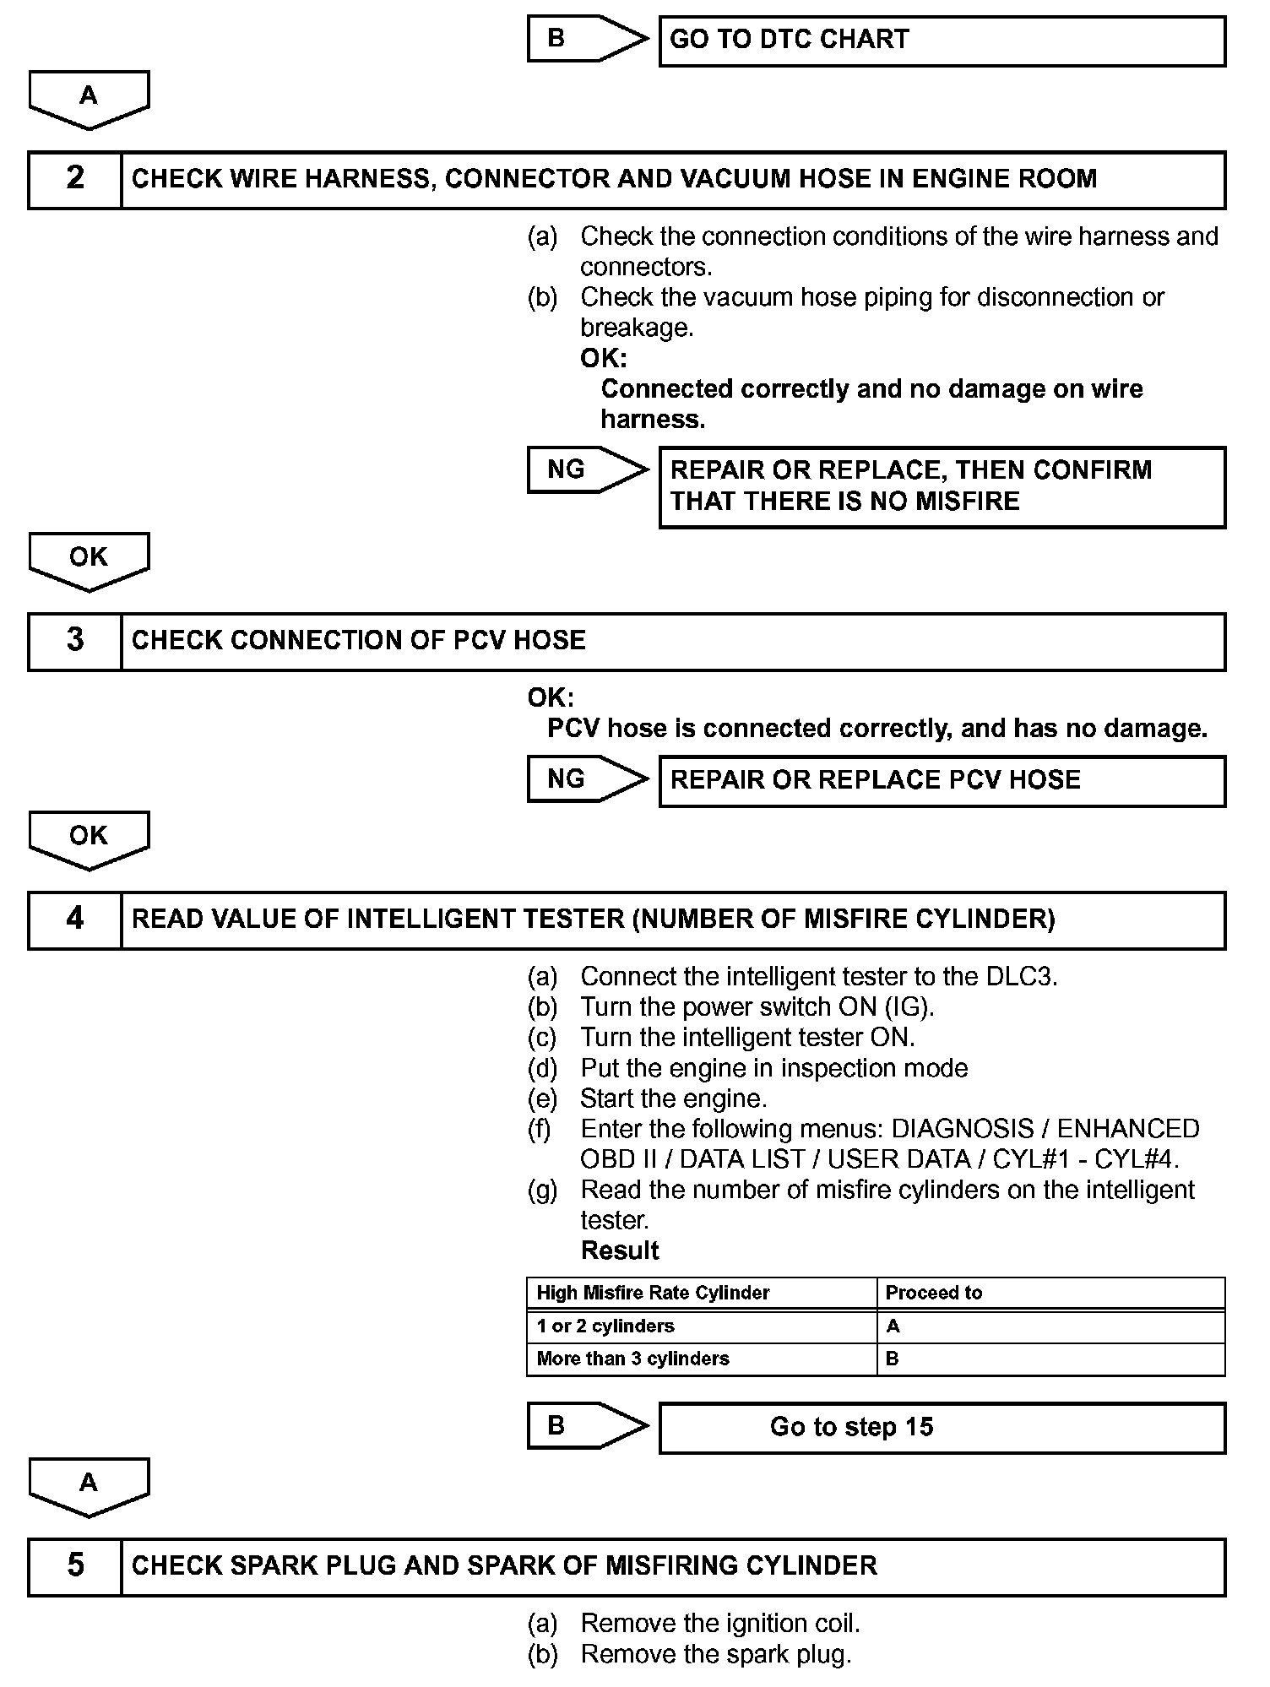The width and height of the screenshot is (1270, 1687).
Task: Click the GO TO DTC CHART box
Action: click(x=942, y=41)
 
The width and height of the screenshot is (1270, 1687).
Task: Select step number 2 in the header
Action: click(x=75, y=179)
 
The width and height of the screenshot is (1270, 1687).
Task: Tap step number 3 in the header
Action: click(x=75, y=641)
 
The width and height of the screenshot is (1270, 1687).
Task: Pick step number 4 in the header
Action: click(x=75, y=919)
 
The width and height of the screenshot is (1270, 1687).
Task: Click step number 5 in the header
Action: click(x=75, y=1566)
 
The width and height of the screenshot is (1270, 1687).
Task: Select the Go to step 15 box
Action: click(x=942, y=1428)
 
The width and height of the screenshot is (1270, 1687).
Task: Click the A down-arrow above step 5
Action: click(x=89, y=1485)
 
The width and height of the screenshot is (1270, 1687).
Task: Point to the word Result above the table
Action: click(x=620, y=1250)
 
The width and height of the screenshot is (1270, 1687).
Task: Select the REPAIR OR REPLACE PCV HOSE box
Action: click(x=942, y=780)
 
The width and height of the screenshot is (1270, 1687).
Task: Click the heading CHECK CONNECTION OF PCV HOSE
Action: click(x=358, y=641)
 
